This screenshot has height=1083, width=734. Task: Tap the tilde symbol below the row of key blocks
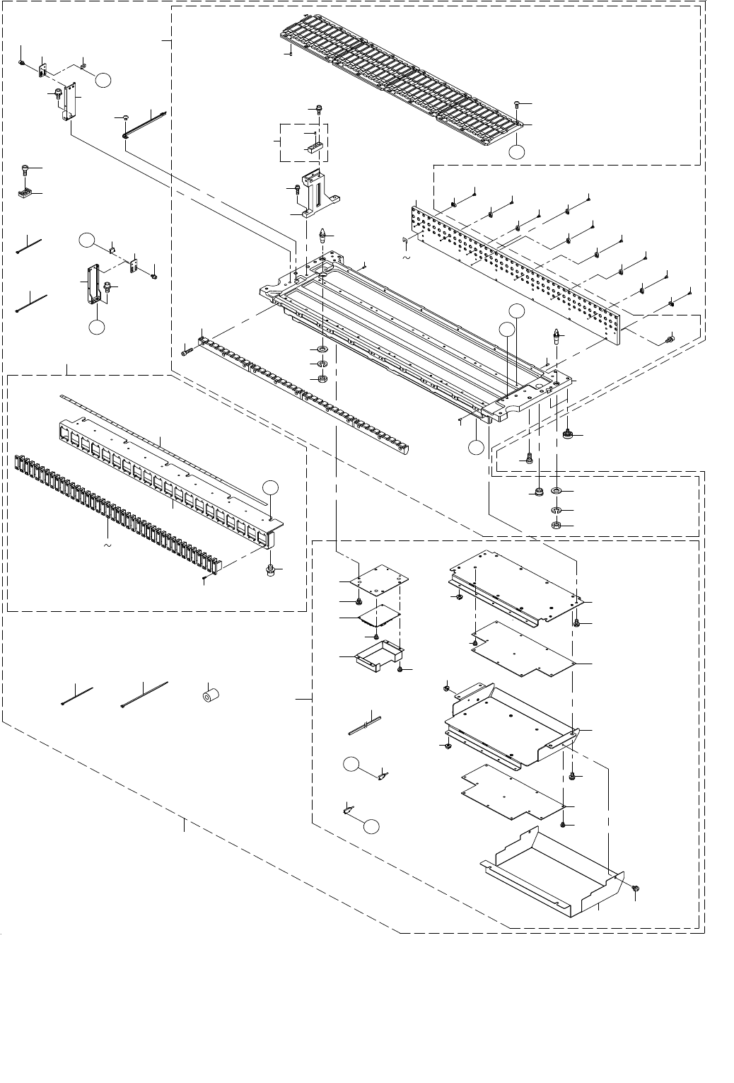point(108,545)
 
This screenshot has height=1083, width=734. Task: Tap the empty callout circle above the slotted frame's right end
point(270,487)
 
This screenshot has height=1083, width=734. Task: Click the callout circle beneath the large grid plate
point(518,151)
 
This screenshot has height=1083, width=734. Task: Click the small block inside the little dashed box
point(314,148)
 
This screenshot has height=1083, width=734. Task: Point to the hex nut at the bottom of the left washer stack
point(321,378)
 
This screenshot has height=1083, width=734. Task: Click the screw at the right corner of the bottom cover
point(635,887)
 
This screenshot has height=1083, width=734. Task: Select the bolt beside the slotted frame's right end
point(270,570)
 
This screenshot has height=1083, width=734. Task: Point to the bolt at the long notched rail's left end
point(186,352)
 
